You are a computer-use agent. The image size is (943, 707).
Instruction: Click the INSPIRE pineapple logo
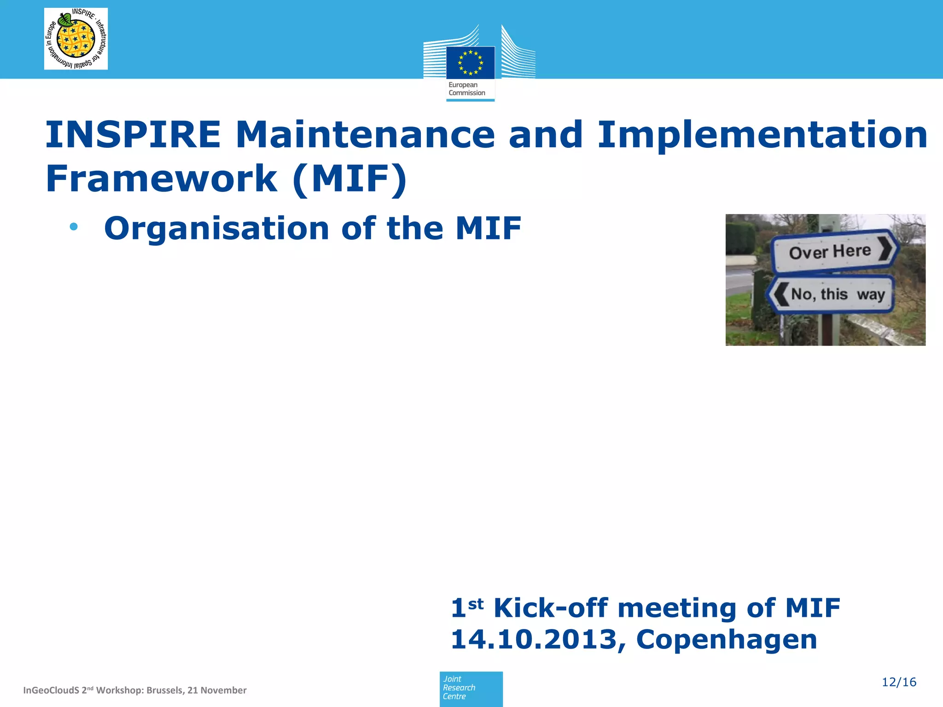coord(76,39)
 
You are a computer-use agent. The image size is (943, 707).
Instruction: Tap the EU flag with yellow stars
coord(470,63)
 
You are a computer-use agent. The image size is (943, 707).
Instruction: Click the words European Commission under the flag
coord(466,89)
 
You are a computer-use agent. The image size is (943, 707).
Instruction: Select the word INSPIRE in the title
coord(133,135)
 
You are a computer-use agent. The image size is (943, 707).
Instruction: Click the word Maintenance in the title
coord(365,135)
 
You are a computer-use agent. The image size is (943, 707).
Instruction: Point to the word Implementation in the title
coord(762,135)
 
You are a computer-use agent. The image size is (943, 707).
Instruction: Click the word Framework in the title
coord(161,179)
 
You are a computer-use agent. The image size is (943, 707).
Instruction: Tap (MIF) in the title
coord(349,179)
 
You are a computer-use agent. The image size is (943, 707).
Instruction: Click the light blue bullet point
coord(74,226)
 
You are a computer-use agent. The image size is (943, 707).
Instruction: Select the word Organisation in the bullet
coord(216,229)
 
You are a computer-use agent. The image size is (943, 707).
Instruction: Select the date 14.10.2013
coord(534,639)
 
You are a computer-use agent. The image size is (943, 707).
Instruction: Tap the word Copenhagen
coord(726,639)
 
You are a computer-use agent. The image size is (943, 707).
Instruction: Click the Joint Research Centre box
coord(471,688)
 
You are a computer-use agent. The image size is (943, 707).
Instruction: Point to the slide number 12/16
coord(898,682)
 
